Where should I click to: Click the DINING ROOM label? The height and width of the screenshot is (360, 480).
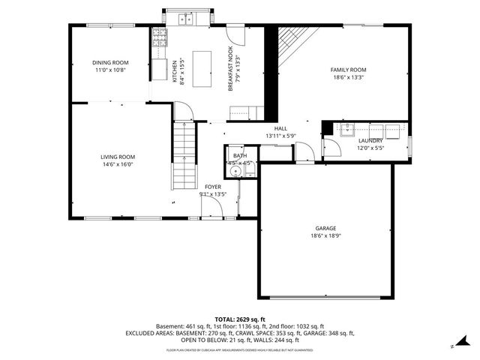point(110,62)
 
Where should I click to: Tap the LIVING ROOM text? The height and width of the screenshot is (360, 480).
point(118,157)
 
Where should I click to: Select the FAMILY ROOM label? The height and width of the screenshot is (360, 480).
point(348,69)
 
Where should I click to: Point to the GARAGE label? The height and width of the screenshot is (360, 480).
point(325,228)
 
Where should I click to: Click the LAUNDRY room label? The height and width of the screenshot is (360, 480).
point(370,140)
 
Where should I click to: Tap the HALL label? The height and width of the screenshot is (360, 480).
point(280,128)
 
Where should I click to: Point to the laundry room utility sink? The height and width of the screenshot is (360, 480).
point(346,128)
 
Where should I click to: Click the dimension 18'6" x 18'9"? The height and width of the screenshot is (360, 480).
point(325,235)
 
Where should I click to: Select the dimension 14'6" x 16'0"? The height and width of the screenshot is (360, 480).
point(118,164)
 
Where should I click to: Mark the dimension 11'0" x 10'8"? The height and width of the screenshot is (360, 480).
point(110,70)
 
